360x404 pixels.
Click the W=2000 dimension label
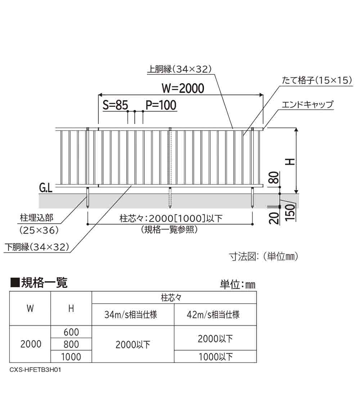183,88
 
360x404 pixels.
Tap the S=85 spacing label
115,105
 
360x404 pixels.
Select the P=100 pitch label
161,105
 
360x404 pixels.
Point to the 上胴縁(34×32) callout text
179,69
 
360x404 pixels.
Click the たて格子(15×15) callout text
317,80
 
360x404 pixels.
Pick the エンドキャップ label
307,105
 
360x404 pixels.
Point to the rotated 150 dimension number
290,212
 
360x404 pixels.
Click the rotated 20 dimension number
274,218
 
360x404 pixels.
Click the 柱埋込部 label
37,218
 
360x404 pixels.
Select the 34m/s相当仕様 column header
131,315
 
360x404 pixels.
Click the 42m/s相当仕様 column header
213,315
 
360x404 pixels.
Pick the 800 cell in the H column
71,344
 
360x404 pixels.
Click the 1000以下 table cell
216,357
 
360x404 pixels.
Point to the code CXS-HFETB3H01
35,370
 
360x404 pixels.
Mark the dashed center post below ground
170,197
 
